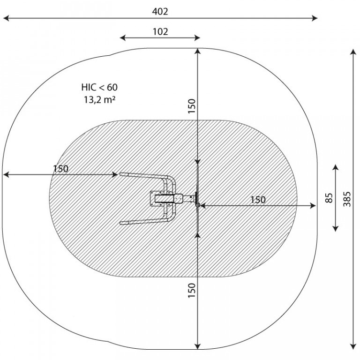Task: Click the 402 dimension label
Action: pyautogui.click(x=160, y=11)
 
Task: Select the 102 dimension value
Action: pyautogui.click(x=160, y=32)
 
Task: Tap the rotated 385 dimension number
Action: pyautogui.click(x=347, y=199)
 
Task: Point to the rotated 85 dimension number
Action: pyautogui.click(x=329, y=198)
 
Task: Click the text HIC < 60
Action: pyautogui.click(x=99, y=87)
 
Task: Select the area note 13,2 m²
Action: pyautogui.click(x=99, y=100)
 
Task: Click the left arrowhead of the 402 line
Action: pyautogui.click(x=6, y=18)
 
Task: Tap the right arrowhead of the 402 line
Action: pyautogui.click(x=315, y=18)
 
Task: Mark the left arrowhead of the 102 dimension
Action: pyautogui.click(x=123, y=38)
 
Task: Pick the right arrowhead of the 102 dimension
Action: pyautogui.click(x=197, y=38)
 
